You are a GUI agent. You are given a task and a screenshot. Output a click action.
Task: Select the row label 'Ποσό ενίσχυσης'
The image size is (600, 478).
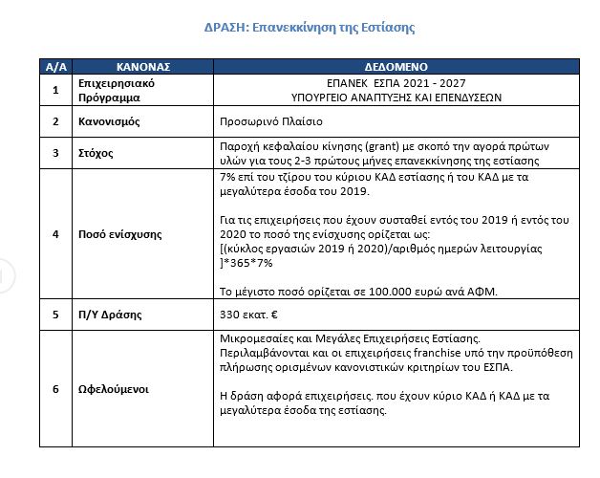(120, 233)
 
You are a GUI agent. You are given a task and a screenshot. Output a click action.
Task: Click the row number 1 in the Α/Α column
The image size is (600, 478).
(56, 91)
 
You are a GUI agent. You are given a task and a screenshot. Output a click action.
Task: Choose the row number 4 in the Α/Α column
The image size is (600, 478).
(56, 233)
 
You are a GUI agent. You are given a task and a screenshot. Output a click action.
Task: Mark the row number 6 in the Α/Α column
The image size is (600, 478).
(56, 390)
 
